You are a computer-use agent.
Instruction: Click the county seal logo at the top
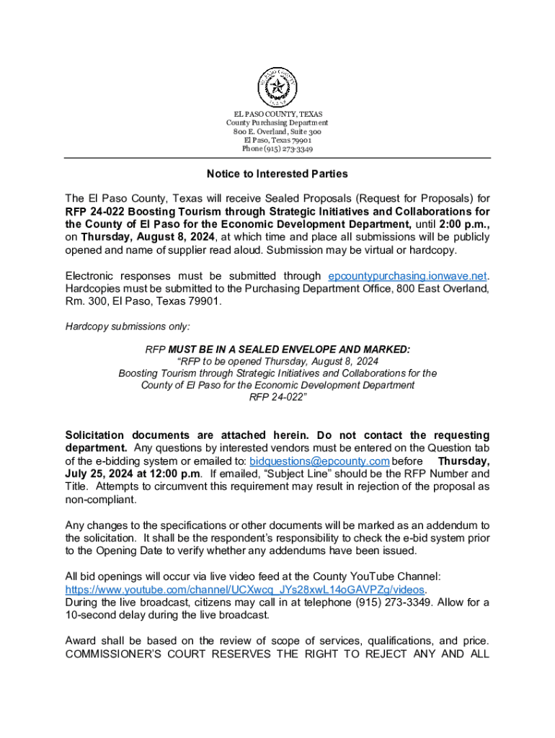[277, 87]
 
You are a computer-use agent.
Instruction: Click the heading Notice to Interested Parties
[277, 174]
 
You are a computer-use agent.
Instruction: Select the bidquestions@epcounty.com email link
[319, 461]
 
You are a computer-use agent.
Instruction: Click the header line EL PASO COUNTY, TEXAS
[277, 115]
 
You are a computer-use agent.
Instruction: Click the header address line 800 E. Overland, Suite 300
[277, 132]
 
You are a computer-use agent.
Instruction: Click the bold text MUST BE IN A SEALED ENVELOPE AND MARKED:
[289, 350]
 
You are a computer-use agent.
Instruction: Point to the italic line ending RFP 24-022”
[277, 397]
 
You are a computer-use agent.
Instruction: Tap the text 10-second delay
[105, 615]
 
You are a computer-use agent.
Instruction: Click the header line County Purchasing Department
[277, 123]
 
